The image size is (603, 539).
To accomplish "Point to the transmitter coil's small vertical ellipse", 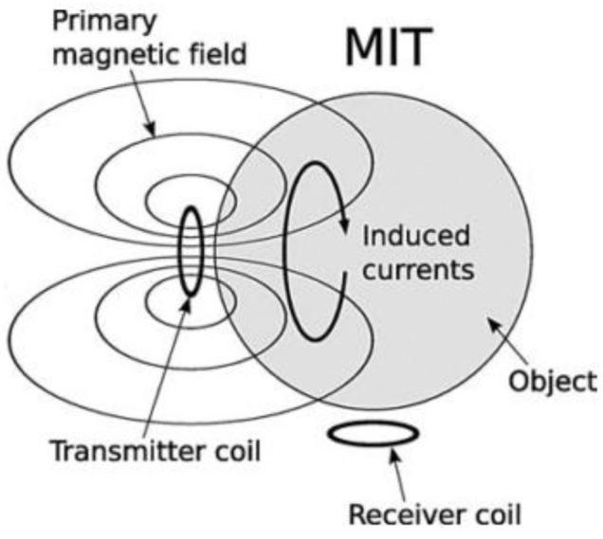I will (191, 252).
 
